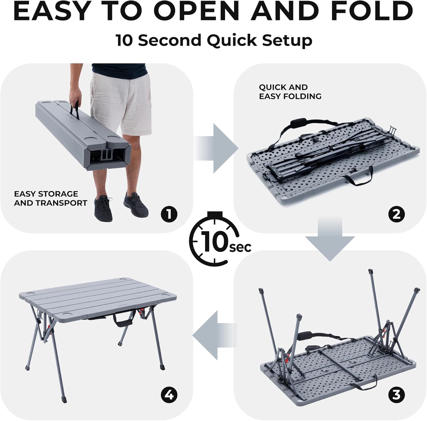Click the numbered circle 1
coord(169,214)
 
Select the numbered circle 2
coord(396,214)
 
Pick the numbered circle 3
coord(396,395)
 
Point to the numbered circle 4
coord(169,395)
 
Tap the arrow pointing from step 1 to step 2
coord(216,149)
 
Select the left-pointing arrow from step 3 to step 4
coord(215,335)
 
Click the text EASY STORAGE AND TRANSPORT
coord(50,198)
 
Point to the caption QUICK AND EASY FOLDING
coord(290,92)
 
